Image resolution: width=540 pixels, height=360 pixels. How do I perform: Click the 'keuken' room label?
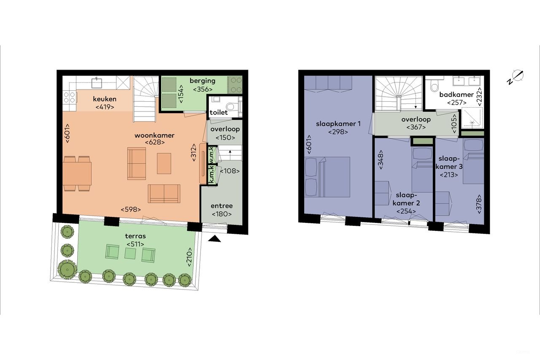(105, 99)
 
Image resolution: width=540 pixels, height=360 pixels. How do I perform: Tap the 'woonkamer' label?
(154, 135)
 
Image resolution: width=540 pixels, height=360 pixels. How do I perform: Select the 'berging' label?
(202, 81)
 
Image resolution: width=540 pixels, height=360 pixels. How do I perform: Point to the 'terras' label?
(135, 236)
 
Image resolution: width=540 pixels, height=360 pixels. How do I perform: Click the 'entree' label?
(222, 206)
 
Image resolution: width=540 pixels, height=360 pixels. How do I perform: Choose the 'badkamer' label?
(456, 95)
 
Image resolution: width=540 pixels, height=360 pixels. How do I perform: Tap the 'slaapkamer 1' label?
(339, 124)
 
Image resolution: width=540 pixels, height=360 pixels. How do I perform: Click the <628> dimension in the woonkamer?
(154, 143)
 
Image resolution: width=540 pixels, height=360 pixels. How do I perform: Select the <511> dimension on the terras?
(135, 244)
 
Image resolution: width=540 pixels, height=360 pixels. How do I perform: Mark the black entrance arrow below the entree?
(215, 239)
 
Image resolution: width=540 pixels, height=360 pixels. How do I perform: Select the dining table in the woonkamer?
(78, 173)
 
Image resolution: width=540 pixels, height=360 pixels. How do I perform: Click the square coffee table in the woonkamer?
(164, 163)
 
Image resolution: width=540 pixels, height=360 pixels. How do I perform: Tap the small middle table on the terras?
(130, 253)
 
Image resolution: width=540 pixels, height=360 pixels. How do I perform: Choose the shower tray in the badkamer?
(472, 118)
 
